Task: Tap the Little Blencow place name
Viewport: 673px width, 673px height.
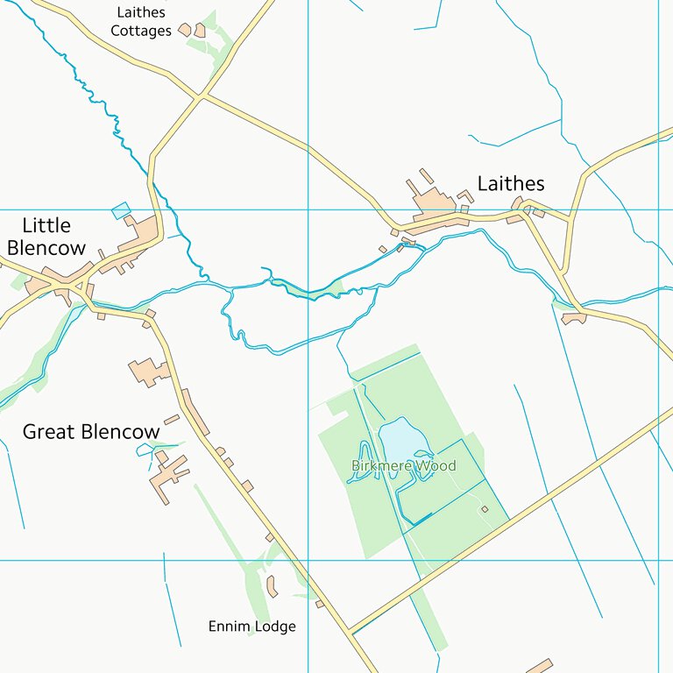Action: click(46, 237)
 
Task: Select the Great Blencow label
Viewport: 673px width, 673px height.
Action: click(91, 432)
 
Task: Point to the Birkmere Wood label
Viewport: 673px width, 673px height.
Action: click(404, 465)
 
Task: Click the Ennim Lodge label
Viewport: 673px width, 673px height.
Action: click(251, 627)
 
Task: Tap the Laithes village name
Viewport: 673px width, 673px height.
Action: click(511, 183)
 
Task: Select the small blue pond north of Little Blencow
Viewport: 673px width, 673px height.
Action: click(121, 210)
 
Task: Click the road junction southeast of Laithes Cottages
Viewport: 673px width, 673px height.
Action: click(202, 96)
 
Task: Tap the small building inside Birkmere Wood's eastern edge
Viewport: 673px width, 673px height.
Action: click(485, 508)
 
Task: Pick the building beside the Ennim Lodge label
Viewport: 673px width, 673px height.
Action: click(272, 586)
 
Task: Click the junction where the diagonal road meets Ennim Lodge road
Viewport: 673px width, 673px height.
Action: click(349, 631)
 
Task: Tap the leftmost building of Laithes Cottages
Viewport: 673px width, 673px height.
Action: click(185, 30)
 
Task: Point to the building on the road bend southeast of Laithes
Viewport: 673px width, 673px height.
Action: click(574, 317)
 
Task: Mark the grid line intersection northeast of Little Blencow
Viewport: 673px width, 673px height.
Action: click(308, 210)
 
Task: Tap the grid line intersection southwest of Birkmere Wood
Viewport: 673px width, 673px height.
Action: click(308, 560)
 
